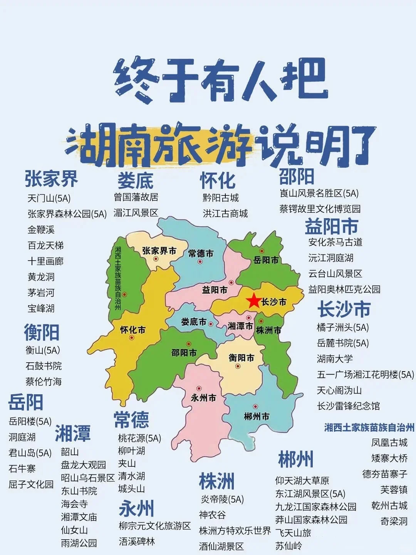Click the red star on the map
(254, 300)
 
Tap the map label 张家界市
(159, 251)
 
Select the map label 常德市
(201, 253)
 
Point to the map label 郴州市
(257, 416)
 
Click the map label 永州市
(203, 398)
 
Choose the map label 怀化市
(133, 330)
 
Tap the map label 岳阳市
(266, 260)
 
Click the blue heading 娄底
(135, 180)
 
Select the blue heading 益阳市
(331, 227)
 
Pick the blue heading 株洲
(216, 481)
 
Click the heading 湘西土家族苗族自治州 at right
(369, 427)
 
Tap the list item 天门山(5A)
(49, 198)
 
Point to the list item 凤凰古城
(389, 442)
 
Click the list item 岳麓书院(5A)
(342, 343)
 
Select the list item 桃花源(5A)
(139, 438)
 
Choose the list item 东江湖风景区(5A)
(310, 494)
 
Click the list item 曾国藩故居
(136, 197)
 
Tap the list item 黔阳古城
(221, 198)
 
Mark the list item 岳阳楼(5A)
(30, 421)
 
